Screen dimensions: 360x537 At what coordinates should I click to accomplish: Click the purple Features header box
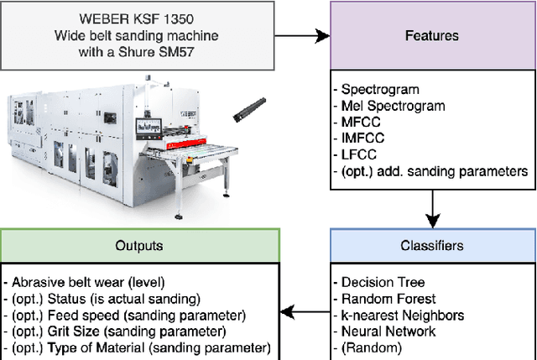point(431,36)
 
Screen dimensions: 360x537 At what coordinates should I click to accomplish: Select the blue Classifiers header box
point(431,246)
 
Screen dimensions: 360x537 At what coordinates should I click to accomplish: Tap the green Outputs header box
point(139,246)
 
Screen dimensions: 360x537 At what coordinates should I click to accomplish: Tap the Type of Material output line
point(138,347)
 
